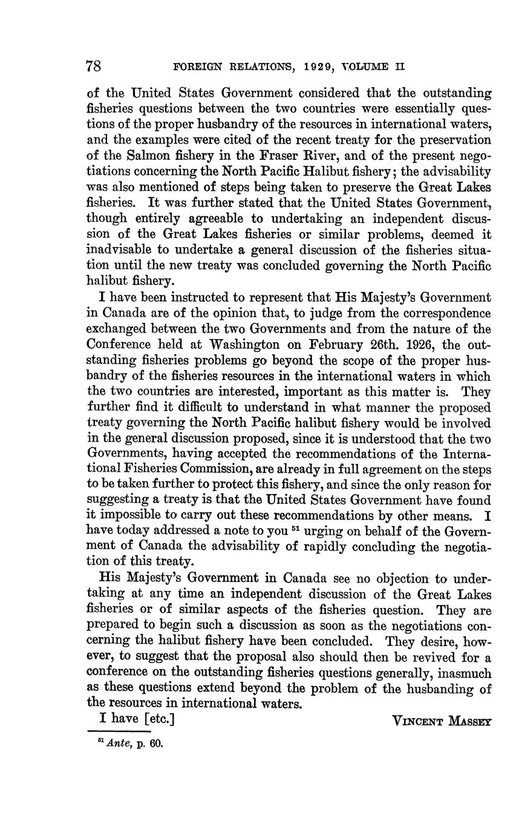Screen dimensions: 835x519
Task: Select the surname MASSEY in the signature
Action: point(467,721)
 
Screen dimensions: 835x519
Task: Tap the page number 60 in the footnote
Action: point(157,744)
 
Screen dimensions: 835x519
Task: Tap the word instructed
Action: point(202,297)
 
